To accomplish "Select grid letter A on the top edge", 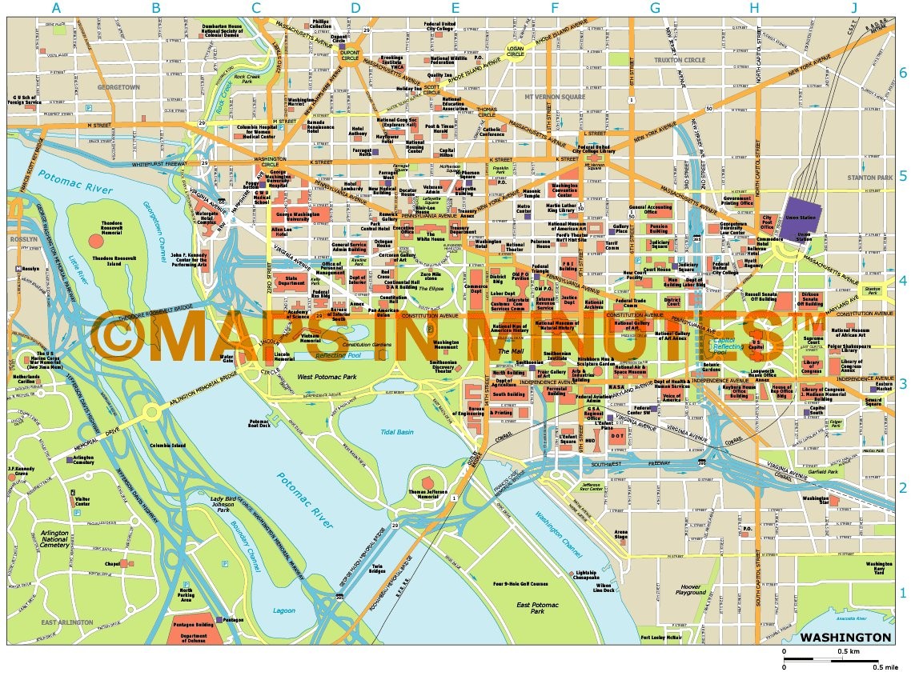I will pyautogui.click(x=56, y=9).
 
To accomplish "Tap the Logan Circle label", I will pyautogui.click(x=515, y=53).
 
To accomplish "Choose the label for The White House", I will pyautogui.click(x=429, y=238).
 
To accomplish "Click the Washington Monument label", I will pyautogui.click(x=446, y=346).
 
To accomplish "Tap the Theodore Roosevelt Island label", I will pyautogui.click(x=114, y=258).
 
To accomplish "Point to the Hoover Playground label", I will pyautogui.click(x=690, y=590).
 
